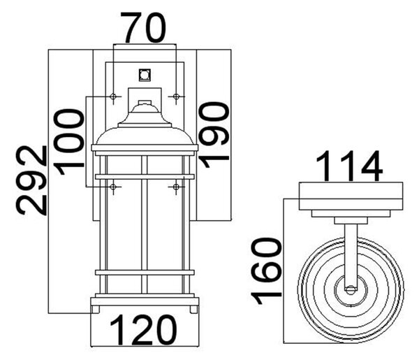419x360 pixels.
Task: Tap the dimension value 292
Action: coord(31,180)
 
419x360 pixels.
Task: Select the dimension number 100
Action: coord(68,142)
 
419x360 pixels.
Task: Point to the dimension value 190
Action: coord(214,134)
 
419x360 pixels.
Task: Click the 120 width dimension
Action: coord(143,330)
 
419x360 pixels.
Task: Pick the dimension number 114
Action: coord(349,166)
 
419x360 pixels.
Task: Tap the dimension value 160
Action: coord(266,272)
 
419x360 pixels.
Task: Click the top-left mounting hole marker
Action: coord(113,96)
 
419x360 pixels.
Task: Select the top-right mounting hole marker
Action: coord(176,96)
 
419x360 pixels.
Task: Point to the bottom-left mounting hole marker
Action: coord(113,187)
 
